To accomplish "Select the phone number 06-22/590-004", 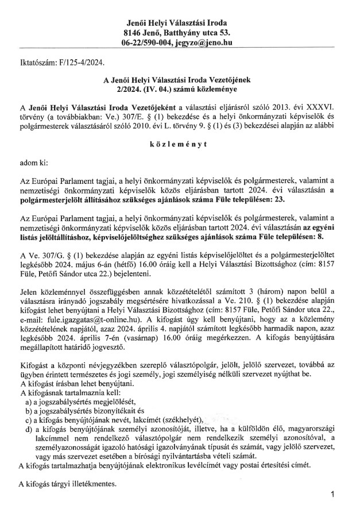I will click(x=146, y=43).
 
